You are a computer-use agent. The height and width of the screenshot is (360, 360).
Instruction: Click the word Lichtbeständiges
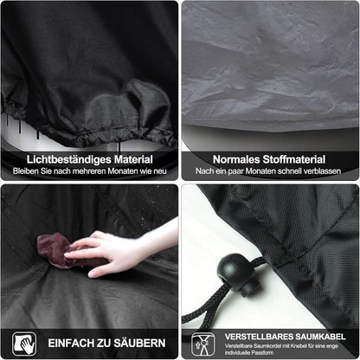coord(69,160)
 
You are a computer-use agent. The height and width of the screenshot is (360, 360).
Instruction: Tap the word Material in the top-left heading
coord(133,159)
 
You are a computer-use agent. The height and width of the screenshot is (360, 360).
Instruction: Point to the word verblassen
coord(323,171)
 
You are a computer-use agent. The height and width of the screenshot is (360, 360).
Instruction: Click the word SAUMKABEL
coord(319,337)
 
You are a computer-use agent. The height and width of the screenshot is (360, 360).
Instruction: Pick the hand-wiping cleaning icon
coord(24,344)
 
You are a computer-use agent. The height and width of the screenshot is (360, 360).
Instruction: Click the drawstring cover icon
coord(203,344)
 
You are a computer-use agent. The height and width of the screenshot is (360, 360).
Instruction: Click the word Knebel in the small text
coord(299,346)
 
